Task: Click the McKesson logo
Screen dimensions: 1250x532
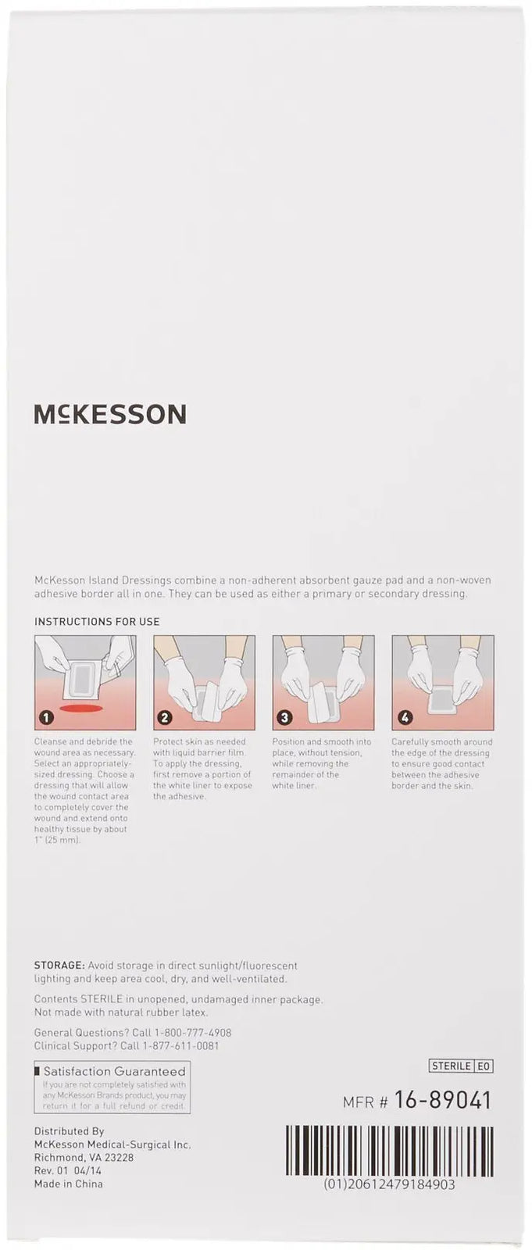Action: click(110, 414)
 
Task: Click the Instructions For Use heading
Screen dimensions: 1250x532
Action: click(97, 622)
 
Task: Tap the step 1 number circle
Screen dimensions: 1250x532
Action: click(46, 717)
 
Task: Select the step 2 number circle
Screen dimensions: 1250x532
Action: click(165, 717)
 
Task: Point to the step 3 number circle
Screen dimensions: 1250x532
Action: click(284, 717)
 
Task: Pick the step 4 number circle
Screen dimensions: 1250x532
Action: click(403, 717)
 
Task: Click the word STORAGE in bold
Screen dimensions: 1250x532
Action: click(59, 966)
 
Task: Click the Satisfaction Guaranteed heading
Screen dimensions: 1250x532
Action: click(114, 1071)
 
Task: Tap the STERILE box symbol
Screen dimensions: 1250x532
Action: click(451, 1066)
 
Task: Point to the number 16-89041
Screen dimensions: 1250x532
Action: click(442, 1101)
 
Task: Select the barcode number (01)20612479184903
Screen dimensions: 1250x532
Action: click(389, 1184)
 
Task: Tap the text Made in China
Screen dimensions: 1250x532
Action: click(68, 1184)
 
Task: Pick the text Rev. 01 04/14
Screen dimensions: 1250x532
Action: click(68, 1170)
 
